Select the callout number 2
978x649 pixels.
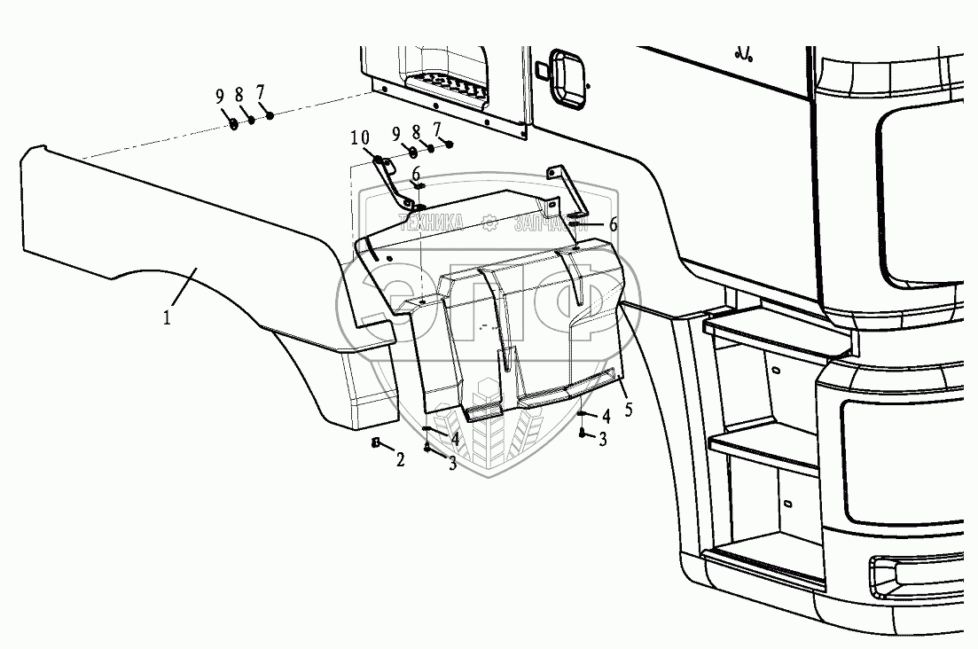click(400, 460)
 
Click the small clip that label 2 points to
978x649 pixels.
click(376, 442)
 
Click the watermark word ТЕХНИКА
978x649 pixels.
click(433, 222)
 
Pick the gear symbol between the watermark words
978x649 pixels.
click(490, 222)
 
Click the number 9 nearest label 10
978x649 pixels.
click(396, 136)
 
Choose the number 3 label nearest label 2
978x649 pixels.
click(452, 463)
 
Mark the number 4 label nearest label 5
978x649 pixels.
click(606, 415)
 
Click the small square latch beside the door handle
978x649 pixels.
click(539, 69)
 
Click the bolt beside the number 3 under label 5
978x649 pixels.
click(582, 433)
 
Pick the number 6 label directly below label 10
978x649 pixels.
click(416, 174)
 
